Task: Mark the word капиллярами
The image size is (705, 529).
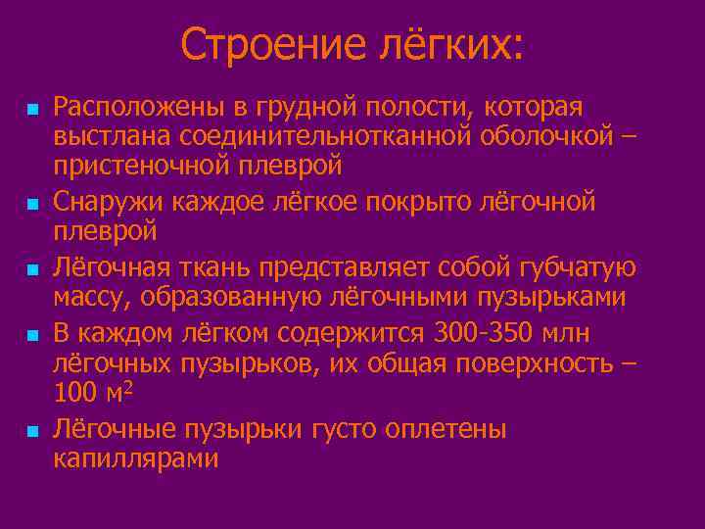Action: pos(136,459)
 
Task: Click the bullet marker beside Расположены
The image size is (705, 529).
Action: pos(33,106)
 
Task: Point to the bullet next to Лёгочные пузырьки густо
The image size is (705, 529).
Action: pos(33,430)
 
